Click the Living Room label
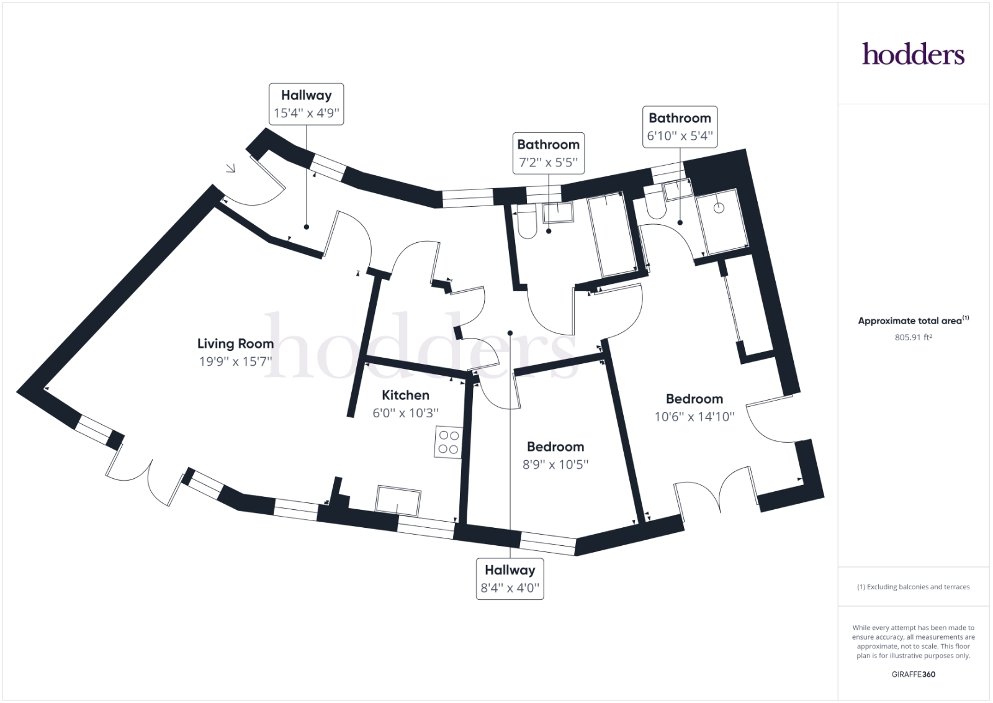[x=235, y=344]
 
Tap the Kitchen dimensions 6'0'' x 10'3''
[x=406, y=413]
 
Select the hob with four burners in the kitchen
[x=448, y=442]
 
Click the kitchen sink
[x=398, y=501]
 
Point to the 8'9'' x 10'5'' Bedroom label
[x=555, y=455]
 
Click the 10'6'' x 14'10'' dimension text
[x=694, y=417]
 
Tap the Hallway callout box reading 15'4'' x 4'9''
[x=307, y=104]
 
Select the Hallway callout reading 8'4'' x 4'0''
[x=510, y=579]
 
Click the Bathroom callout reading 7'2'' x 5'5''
[x=549, y=153]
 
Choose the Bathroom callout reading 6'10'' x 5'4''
[x=680, y=127]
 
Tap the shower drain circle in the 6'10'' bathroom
[x=719, y=207]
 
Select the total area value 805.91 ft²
[x=913, y=337]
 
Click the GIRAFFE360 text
[x=913, y=674]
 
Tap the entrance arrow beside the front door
[x=230, y=168]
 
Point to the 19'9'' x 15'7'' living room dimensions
[x=235, y=361]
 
